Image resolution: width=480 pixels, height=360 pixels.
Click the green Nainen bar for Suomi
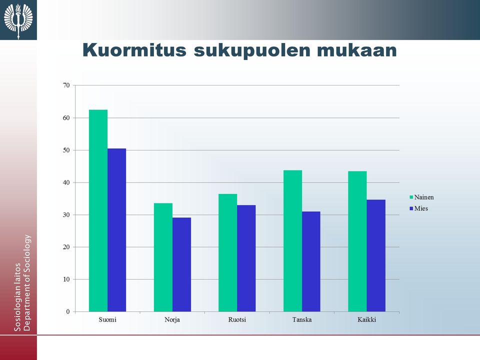(98, 210)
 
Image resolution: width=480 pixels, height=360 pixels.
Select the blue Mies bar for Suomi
(116, 230)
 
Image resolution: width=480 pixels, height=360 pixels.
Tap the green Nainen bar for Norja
(163, 257)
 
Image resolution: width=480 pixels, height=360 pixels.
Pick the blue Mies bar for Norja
(181, 264)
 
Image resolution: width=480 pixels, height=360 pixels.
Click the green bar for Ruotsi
(228, 252)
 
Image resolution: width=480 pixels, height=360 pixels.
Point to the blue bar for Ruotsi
(246, 258)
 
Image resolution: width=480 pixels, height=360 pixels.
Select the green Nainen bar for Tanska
(292, 241)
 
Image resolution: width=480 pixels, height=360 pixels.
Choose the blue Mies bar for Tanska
(311, 261)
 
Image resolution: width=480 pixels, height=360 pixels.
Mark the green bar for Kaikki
(357, 241)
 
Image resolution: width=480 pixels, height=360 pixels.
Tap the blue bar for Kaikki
(376, 255)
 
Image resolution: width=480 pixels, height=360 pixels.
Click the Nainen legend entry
(421, 197)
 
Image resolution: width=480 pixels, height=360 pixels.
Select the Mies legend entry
(418, 208)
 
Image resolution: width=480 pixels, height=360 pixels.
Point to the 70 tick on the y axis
(66, 85)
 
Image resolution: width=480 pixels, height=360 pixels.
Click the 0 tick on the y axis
(68, 311)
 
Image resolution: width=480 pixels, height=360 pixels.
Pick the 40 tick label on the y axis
(66, 182)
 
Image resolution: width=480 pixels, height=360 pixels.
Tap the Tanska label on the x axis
(302, 320)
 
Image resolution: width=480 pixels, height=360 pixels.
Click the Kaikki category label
(366, 320)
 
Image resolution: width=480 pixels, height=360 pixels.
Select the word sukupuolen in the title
(252, 50)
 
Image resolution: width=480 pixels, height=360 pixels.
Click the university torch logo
(18, 19)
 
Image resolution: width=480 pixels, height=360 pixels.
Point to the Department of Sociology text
(27, 282)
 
